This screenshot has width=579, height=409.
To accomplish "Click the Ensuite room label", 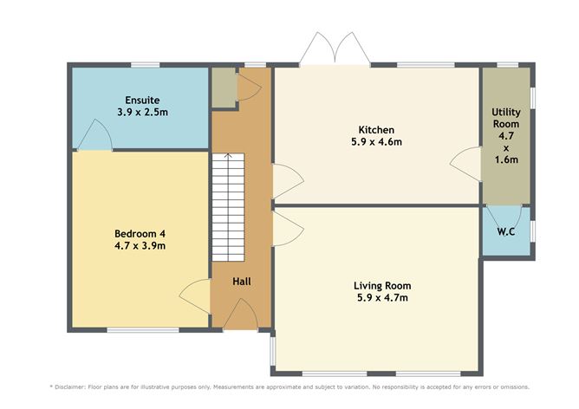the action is click(142, 100).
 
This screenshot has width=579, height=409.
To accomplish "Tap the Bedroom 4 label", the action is click(140, 234).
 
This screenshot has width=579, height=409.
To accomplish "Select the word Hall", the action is click(242, 282).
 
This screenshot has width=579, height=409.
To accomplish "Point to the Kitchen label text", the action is click(376, 130).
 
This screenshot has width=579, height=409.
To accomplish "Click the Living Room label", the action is click(382, 286).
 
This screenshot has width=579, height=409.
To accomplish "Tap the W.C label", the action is click(506, 232).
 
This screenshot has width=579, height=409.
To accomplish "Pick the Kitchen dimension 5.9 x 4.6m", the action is click(376, 142).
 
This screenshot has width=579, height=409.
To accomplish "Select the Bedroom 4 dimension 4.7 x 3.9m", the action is click(140, 245).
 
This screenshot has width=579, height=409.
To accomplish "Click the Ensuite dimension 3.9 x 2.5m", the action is click(142, 112).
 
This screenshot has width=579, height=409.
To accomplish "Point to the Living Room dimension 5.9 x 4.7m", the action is click(382, 297).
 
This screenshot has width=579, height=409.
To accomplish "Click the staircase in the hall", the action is click(228, 207).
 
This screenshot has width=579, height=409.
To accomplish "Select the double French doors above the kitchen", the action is click(335, 49).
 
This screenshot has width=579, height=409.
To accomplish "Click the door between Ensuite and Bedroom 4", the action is click(94, 135).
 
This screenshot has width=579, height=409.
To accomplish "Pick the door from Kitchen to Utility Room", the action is click(465, 165).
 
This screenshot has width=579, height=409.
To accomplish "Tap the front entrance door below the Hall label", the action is click(240, 314).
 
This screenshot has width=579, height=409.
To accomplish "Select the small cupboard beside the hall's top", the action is click(224, 88).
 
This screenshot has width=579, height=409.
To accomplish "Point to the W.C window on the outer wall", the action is click(532, 231).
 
